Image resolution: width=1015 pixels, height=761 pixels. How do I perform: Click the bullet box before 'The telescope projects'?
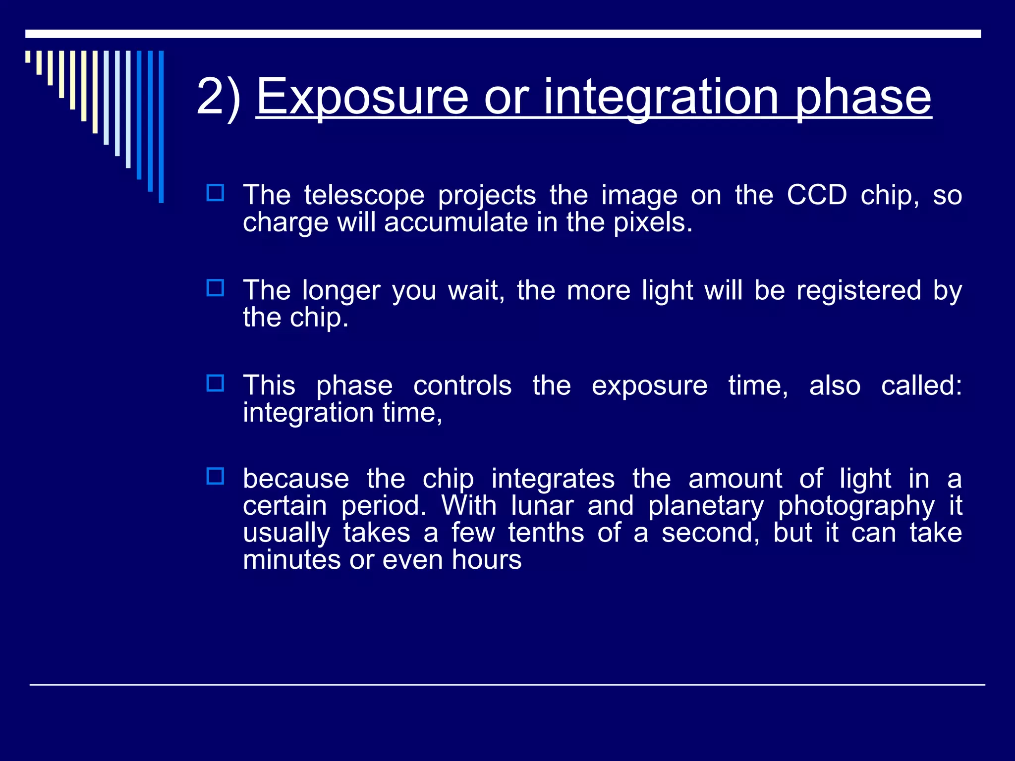pos(215,193)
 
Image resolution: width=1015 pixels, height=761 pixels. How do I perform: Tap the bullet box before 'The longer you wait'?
pos(215,288)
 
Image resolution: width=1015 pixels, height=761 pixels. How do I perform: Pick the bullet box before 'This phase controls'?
pos(215,383)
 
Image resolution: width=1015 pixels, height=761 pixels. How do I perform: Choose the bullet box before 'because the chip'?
pos(215,476)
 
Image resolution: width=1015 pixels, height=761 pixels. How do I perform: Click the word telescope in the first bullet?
pos(364,195)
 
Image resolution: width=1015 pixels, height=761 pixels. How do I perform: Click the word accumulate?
pos(455,222)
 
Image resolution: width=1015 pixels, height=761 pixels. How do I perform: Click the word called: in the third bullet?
pos(921,385)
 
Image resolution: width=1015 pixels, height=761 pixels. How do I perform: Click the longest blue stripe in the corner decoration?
pos(161,126)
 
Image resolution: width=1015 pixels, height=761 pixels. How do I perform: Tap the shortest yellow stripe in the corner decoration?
pos(28,56)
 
